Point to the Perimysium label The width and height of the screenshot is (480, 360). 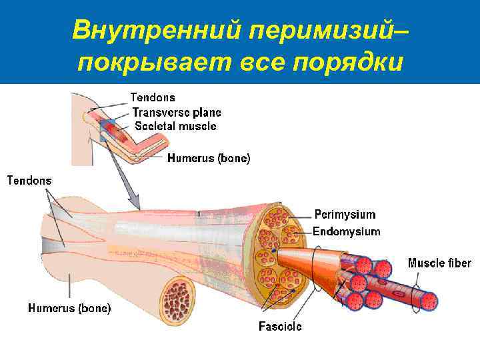tap(345, 215)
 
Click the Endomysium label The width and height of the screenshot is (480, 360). tap(347, 232)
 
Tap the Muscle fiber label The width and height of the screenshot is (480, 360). tap(439, 263)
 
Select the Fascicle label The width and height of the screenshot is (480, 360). tap(280, 327)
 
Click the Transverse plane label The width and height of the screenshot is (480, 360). tap(177, 113)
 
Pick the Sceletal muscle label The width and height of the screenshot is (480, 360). tap(175, 125)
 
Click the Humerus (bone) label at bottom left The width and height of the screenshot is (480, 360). tap(69, 308)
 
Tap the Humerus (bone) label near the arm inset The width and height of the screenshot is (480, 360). tap(209, 159)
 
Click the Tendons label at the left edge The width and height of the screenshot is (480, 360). tap(29, 180)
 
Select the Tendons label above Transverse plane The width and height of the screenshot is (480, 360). tap(153, 97)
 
